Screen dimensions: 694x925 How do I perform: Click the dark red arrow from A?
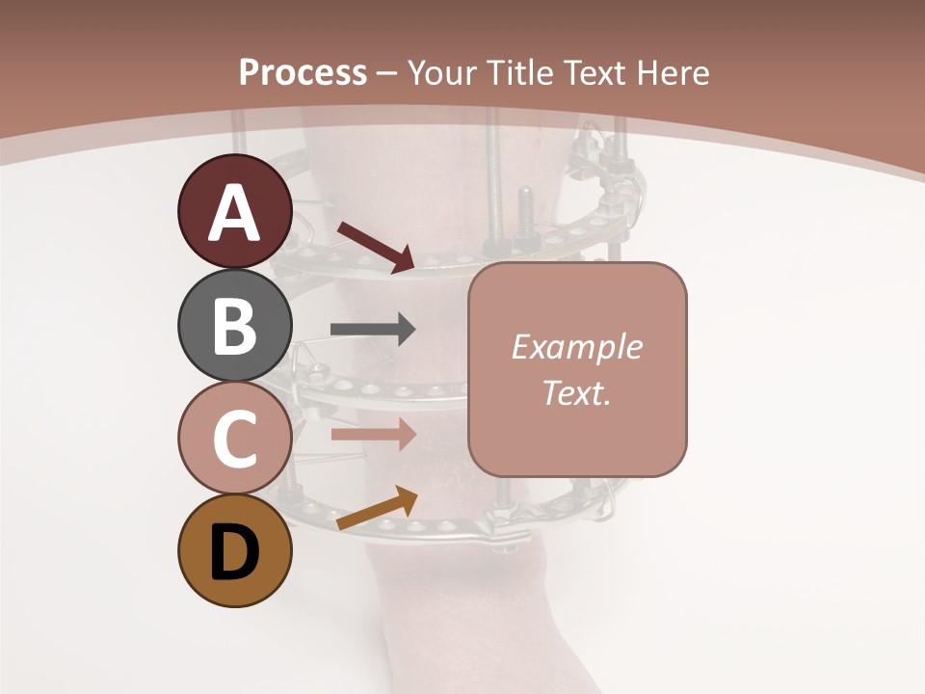click(376, 245)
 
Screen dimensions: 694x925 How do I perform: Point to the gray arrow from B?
click(373, 330)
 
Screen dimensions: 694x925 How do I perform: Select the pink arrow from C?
click(373, 434)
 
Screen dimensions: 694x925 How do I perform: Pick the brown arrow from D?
click(377, 508)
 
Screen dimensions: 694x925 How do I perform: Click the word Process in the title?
click(303, 72)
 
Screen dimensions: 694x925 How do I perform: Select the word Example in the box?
click(576, 347)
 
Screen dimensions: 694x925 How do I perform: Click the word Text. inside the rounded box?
click(576, 392)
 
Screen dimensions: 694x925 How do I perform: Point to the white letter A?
click(235, 212)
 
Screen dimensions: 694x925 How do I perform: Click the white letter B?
click(235, 326)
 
